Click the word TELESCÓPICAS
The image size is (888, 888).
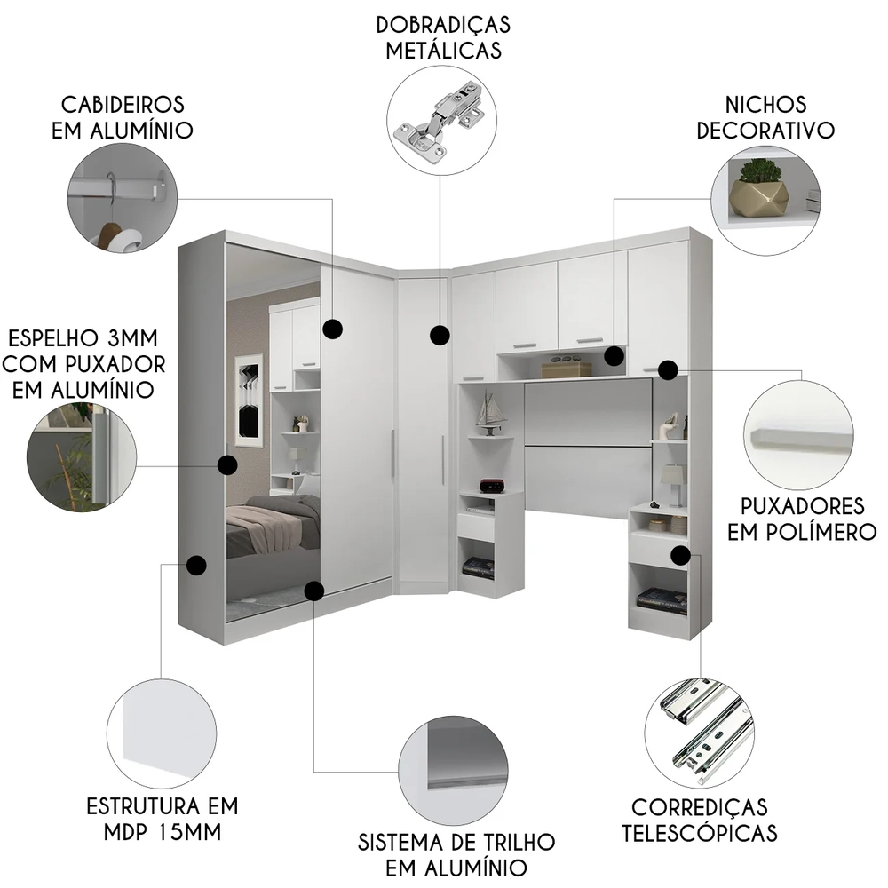[699, 833]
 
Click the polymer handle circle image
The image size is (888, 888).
[798, 435]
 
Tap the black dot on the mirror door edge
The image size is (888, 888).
[227, 464]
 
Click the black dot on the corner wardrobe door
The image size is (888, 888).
[439, 335]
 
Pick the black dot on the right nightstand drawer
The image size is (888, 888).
[680, 555]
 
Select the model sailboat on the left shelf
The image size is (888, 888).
[489, 412]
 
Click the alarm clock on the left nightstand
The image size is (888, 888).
[491, 485]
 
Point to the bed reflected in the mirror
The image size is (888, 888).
[271, 528]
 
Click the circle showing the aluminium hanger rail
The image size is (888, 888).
[123, 197]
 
